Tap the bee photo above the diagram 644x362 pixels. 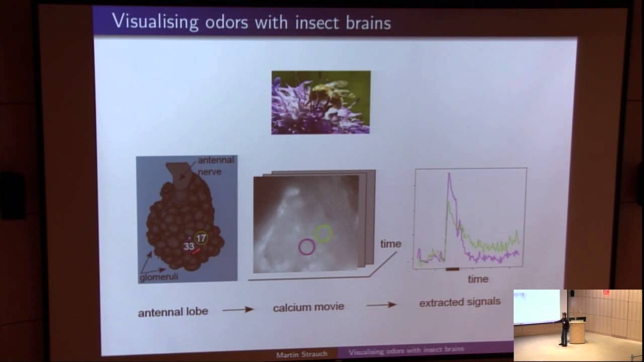coord(321,103)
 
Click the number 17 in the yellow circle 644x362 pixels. coord(201,238)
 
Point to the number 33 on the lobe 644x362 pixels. coord(189,246)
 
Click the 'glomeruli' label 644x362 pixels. coord(159,277)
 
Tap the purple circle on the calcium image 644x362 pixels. coord(307,247)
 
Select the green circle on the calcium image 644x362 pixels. coord(324,233)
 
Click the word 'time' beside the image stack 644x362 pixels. coord(390,244)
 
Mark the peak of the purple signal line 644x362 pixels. coord(449,174)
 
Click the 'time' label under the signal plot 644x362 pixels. coord(477,279)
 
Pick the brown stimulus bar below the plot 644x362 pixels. coord(452,269)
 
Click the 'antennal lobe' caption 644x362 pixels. coord(173,312)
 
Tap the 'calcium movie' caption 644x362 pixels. coord(308,307)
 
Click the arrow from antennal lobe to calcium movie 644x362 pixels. coord(237,310)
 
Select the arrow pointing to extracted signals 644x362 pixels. coord(381,305)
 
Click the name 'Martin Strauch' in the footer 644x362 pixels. coord(301,354)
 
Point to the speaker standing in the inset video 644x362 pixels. coord(565,329)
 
